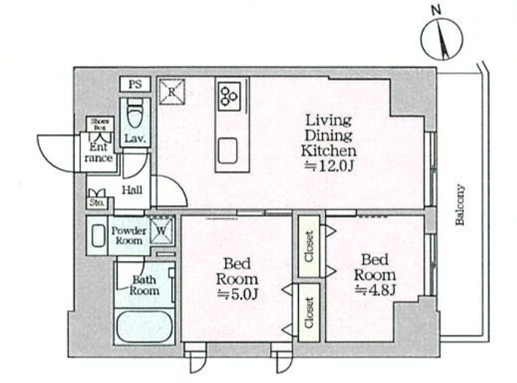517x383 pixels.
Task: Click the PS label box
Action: (135, 84)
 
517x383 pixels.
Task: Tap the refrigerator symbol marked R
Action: (171, 92)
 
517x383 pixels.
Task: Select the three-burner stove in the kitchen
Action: (230, 96)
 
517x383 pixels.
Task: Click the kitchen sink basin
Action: (228, 150)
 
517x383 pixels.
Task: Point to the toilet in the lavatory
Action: (134, 114)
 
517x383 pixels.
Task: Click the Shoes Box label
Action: (100, 124)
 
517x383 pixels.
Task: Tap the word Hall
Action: (132, 190)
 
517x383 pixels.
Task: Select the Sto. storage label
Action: (97, 203)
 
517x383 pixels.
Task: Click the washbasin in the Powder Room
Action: (98, 235)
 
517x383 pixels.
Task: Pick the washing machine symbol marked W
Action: (162, 231)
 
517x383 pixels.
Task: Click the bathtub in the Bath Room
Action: (144, 326)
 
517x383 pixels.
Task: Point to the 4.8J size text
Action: (376, 290)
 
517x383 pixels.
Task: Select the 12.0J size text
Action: (328, 166)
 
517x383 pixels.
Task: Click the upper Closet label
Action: (309, 247)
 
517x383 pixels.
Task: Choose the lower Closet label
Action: (309, 313)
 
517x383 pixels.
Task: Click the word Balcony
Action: (460, 204)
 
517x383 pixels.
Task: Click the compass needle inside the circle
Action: (442, 39)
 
